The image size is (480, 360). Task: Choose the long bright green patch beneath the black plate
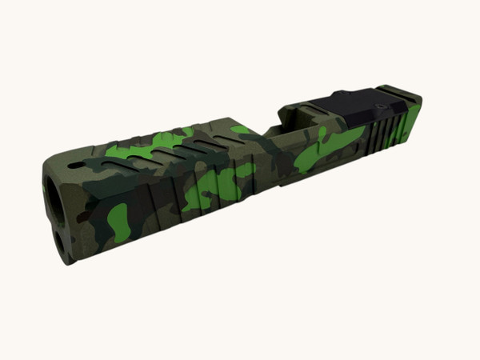tap(328, 148)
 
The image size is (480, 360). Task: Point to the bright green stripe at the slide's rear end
tap(410, 120)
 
